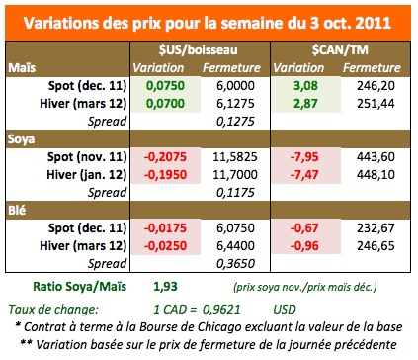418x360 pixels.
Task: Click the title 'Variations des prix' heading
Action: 209,21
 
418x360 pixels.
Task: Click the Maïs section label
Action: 22,67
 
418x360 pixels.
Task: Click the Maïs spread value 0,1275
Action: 228,122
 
